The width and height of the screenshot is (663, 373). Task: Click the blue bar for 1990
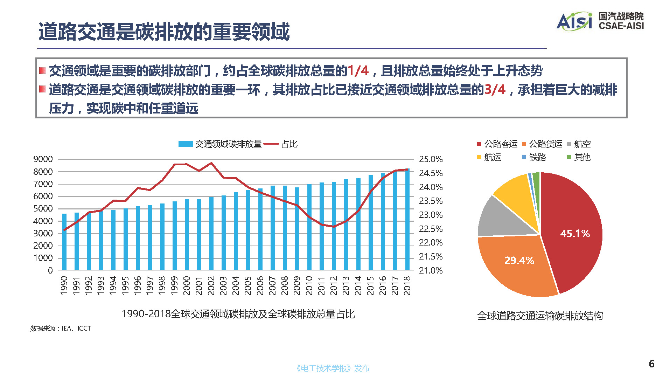(x=64, y=242)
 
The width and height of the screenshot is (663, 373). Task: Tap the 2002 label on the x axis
(x=211, y=285)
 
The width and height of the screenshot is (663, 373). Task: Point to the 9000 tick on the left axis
(x=43, y=159)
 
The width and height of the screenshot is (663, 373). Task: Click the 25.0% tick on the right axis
(x=431, y=159)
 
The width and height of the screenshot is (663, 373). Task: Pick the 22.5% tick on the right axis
(x=431, y=229)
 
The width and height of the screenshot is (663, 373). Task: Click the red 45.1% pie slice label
(x=575, y=234)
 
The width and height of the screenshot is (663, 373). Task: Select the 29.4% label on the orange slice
(x=519, y=261)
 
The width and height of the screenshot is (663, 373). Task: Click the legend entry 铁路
(x=537, y=157)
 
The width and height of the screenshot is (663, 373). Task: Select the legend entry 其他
(x=582, y=157)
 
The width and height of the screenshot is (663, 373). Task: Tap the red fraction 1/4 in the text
(x=358, y=71)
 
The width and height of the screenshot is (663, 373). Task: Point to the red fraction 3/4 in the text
(x=495, y=90)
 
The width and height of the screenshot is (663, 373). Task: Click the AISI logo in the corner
(x=574, y=21)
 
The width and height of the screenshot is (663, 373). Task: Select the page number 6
(x=651, y=364)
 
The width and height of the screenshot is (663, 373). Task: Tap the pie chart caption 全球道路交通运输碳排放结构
(x=540, y=316)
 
